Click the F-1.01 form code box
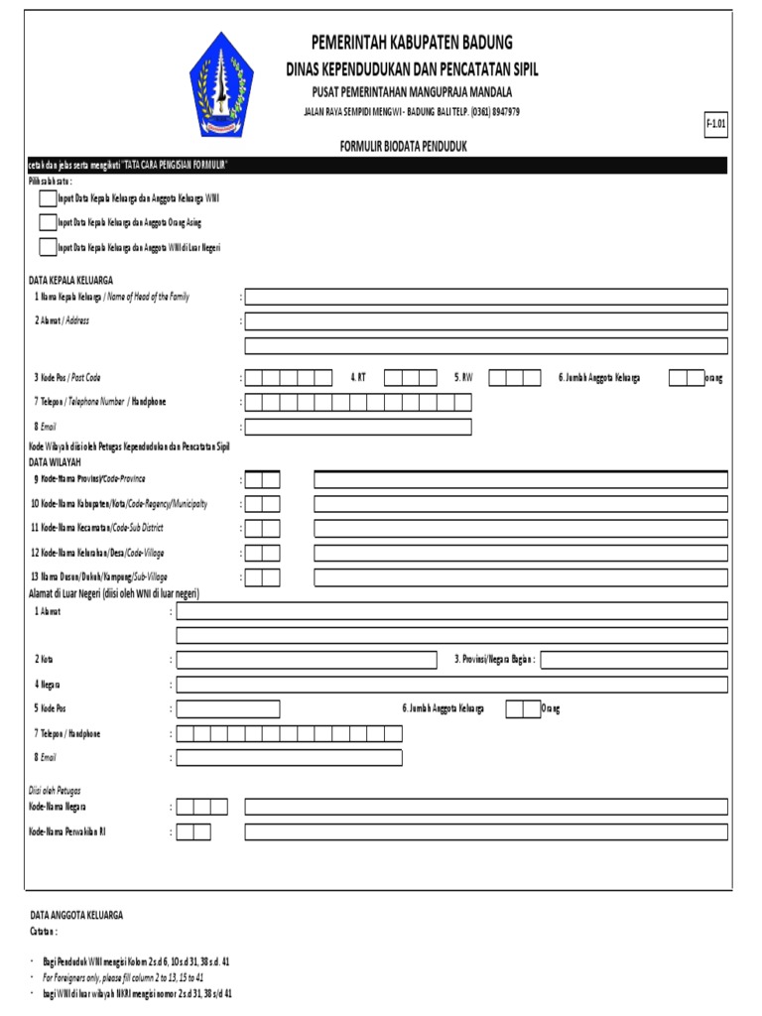[715, 124]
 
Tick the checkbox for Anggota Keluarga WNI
[48, 198]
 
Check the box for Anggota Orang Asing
[48, 222]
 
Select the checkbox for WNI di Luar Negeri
[48, 247]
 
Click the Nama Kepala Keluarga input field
[486, 297]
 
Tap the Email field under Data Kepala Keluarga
[358, 427]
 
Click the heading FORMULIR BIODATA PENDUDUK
[403, 146]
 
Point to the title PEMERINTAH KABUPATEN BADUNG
[412, 42]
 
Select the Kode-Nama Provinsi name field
[521, 480]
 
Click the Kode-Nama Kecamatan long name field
[521, 529]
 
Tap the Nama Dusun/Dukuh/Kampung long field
[521, 577]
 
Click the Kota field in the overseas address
[307, 660]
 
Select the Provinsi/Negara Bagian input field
[634, 660]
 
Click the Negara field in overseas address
[451, 685]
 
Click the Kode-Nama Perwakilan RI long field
[486, 831]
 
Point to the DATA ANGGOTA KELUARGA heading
[76, 915]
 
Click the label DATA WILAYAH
[55, 462]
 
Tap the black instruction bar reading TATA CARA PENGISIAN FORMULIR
[376, 165]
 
